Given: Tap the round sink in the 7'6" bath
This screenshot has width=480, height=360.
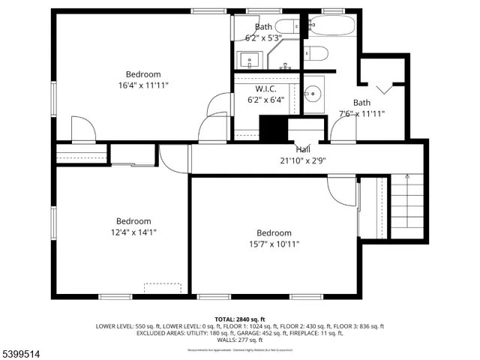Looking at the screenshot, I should coord(313,94).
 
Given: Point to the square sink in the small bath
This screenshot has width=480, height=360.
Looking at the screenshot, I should coord(249,58).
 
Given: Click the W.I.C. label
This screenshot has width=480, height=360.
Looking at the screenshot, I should coord(265,88).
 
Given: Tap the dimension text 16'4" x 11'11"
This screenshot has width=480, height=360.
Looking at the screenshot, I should coord(143,85).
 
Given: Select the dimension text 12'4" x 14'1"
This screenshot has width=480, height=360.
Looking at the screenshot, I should coord(133,232).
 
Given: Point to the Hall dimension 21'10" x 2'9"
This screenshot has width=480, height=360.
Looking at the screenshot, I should coord(302,160).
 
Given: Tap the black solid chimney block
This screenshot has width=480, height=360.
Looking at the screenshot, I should coord(274,128).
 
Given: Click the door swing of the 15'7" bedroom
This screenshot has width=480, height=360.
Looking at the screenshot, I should coord(340,192).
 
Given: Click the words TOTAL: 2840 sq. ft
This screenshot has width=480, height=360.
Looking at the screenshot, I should coord(240,319).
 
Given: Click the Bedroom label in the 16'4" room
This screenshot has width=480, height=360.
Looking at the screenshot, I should coord(143,74).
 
